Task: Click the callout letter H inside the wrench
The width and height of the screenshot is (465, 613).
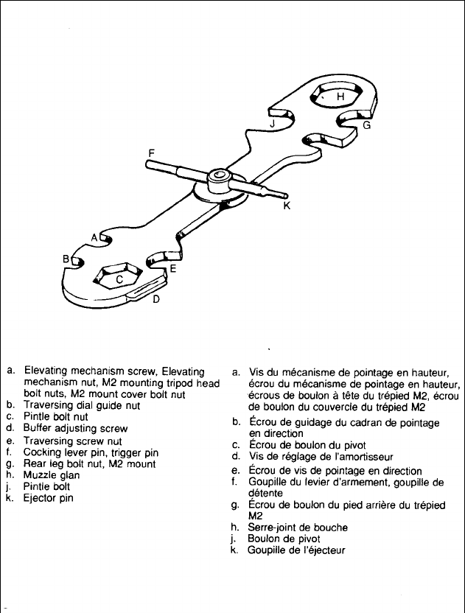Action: pyautogui.click(x=340, y=97)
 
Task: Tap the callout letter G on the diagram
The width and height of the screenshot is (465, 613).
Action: pyautogui.click(x=366, y=126)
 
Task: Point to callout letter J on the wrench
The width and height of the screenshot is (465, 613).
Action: pyautogui.click(x=273, y=125)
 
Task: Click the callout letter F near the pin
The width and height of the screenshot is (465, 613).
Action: pyautogui.click(x=151, y=153)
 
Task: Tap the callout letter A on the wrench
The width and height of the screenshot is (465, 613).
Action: pyautogui.click(x=94, y=237)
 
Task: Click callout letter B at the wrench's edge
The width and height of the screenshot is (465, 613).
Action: pyautogui.click(x=66, y=259)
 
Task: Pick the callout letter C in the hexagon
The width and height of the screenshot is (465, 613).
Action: pyautogui.click(x=119, y=279)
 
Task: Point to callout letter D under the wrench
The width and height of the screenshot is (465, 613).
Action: pyautogui.click(x=155, y=300)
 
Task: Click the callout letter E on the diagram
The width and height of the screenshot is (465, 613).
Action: pyautogui.click(x=172, y=269)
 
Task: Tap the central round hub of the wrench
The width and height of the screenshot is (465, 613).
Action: pyautogui.click(x=218, y=178)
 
